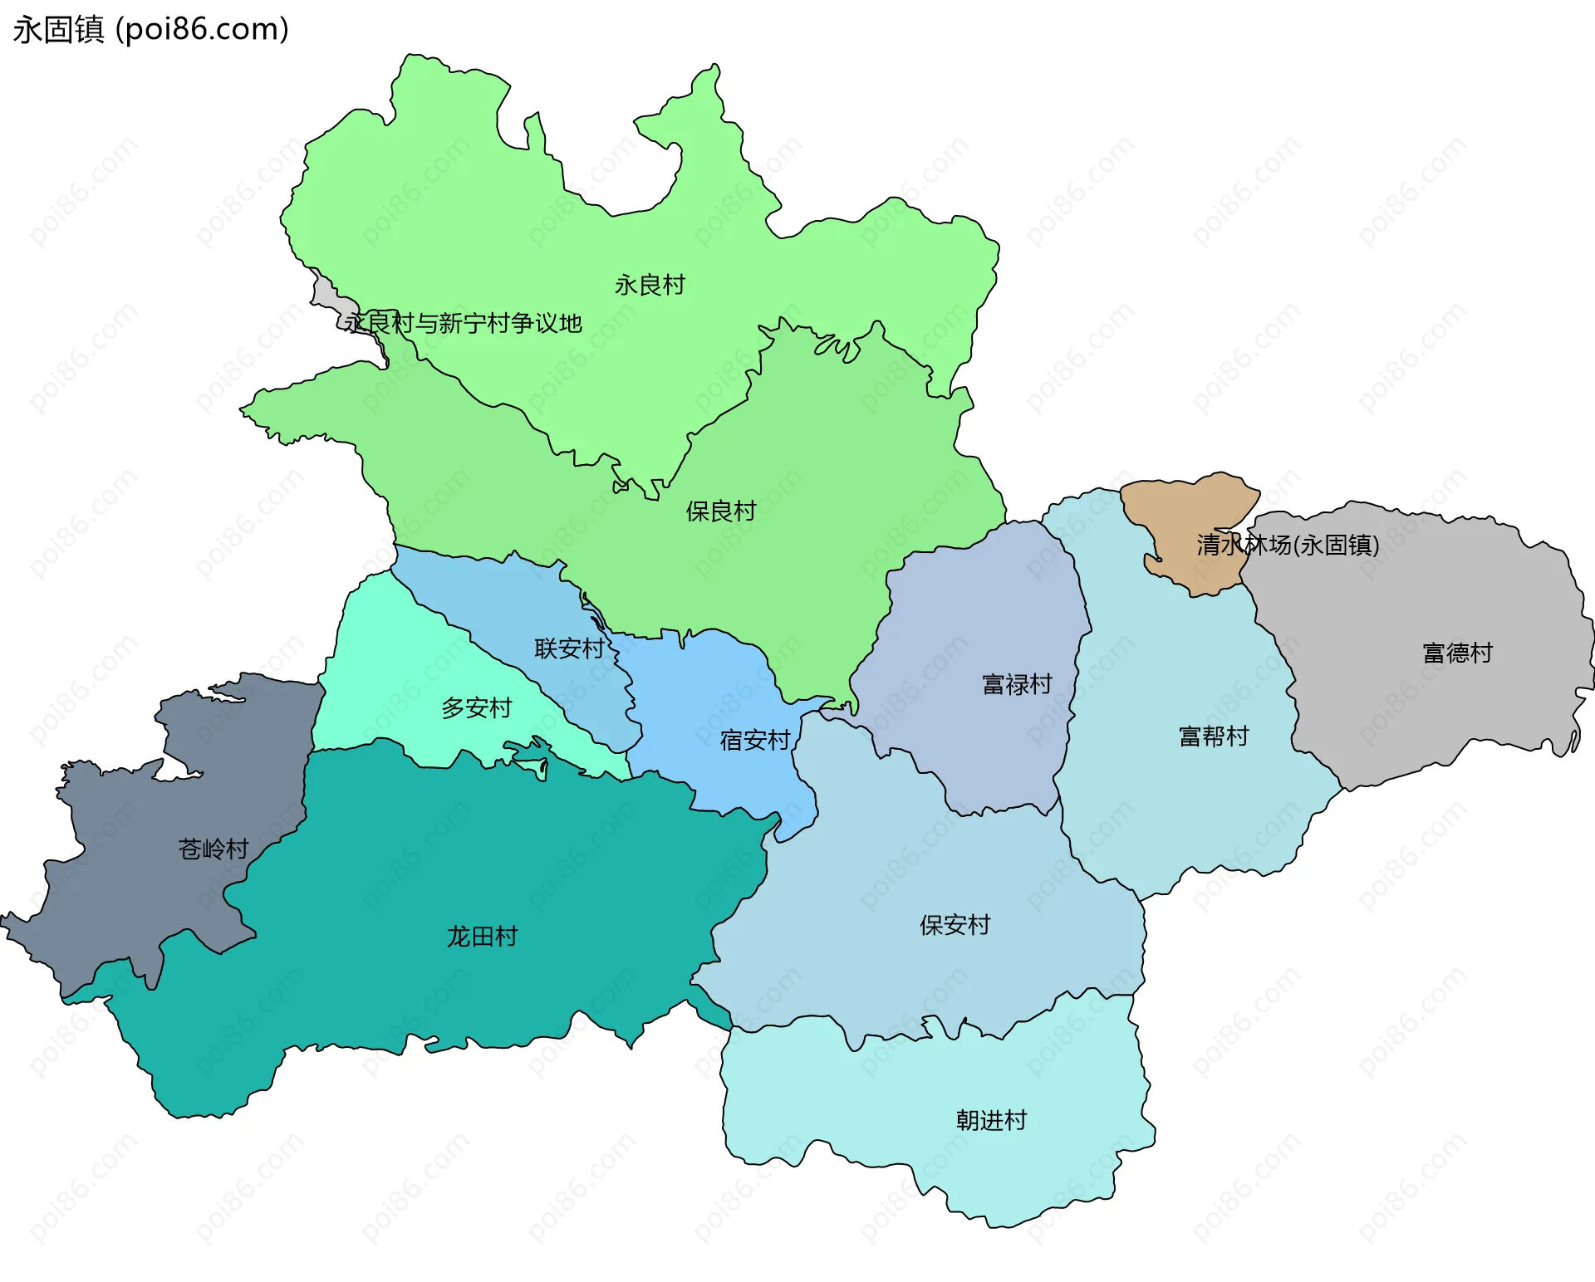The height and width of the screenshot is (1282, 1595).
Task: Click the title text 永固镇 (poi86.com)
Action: pyautogui.click(x=150, y=29)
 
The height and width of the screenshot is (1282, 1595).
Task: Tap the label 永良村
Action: pyautogui.click(x=650, y=285)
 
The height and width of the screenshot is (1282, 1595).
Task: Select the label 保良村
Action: pyautogui.click(x=720, y=511)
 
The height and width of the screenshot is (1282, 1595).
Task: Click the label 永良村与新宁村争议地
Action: pyautogui.click(x=464, y=323)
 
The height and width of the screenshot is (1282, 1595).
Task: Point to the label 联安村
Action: pyautogui.click(x=569, y=648)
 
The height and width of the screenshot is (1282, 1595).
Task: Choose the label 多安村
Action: pyautogui.click(x=476, y=707)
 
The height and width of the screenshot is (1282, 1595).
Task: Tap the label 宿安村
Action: pyautogui.click(x=754, y=740)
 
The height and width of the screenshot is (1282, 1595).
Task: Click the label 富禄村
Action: pyautogui.click(x=1017, y=684)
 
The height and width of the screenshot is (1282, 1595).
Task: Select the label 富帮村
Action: pyautogui.click(x=1214, y=736)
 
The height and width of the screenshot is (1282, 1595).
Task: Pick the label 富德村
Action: pyautogui.click(x=1457, y=653)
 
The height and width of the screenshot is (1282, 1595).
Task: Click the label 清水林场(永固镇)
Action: pyautogui.click(x=1288, y=545)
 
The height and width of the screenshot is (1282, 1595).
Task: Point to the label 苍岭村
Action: pyautogui.click(x=213, y=849)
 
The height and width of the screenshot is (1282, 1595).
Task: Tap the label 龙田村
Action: pyautogui.click(x=482, y=936)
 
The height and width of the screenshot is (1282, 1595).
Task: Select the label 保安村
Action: pyautogui.click(x=955, y=924)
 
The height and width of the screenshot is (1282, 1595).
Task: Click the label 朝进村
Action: pyautogui.click(x=991, y=1120)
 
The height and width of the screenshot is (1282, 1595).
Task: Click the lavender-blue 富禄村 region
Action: pyautogui.click(x=980, y=614)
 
